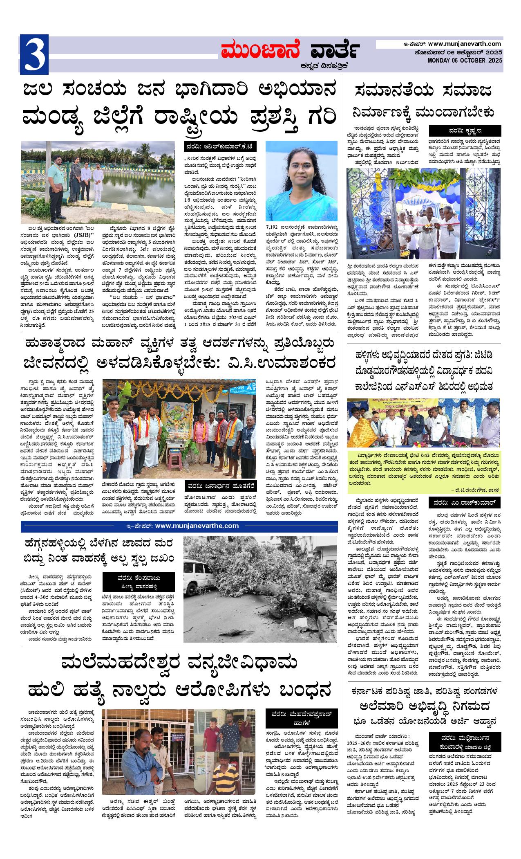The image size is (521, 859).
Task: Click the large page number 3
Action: (x=34, y=55)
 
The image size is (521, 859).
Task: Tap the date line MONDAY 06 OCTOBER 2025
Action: (x=465, y=61)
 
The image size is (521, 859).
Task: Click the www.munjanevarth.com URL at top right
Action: (x=465, y=43)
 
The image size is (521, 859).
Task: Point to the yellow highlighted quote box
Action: (x=424, y=472)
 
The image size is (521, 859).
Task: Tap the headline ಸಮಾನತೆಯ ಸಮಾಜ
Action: (x=423, y=91)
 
